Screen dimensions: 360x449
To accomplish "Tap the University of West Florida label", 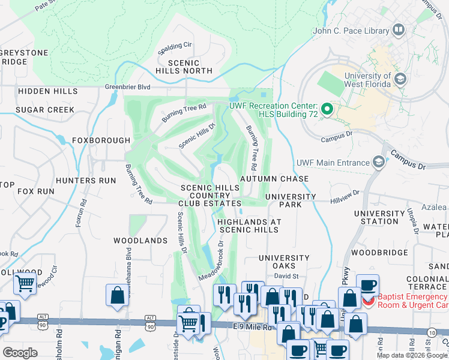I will (367, 80).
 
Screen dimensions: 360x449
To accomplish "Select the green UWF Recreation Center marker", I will (327, 109).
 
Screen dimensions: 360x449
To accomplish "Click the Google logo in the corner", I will (20, 353).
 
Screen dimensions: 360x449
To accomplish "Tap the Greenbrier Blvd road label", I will (127, 86).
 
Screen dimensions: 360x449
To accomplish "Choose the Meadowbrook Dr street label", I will (216, 260).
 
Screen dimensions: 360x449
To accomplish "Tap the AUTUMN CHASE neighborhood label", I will (274, 179).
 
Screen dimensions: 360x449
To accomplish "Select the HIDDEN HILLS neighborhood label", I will (48, 91).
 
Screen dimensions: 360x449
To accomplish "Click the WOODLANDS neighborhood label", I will (140, 241).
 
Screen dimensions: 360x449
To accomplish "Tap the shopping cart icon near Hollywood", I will (25, 283).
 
